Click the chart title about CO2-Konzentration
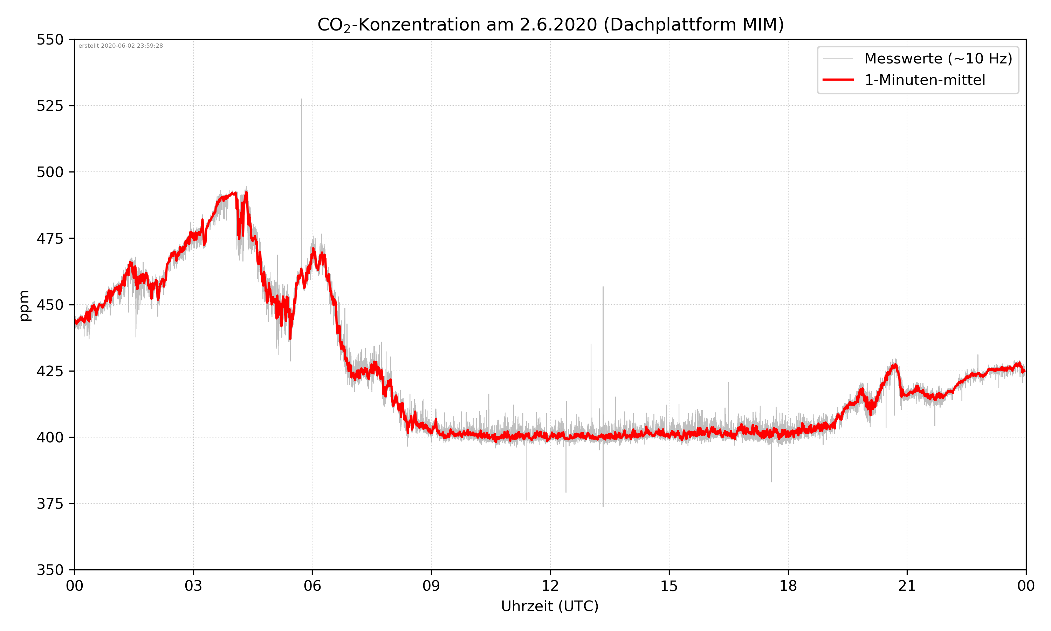550,25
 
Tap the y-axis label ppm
24,305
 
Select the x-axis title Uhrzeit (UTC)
550,606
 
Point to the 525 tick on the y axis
50,106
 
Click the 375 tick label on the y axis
50,504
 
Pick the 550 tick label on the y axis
50,40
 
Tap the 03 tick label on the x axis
193,586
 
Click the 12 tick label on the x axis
550,586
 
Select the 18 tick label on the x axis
788,586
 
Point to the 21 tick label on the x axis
907,586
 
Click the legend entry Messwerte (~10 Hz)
938,59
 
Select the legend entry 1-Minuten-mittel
925,80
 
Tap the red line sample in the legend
838,80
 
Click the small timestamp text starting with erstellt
121,46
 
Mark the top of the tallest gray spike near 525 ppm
301,100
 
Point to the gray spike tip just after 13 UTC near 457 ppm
603,287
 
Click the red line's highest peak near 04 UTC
246,193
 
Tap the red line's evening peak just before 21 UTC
895,365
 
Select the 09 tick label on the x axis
431,586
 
